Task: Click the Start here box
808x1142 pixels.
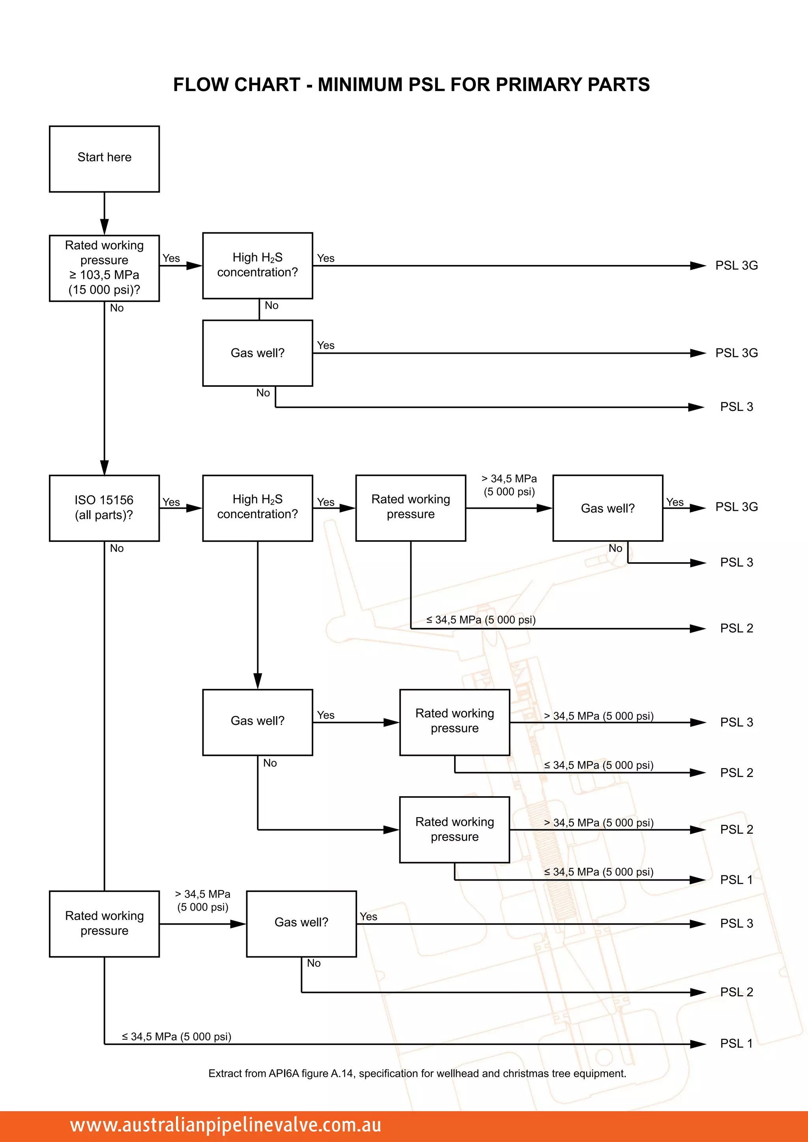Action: [104, 159]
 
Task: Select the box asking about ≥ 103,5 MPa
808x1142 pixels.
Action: [104, 268]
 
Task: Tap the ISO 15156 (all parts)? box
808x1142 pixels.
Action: [104, 508]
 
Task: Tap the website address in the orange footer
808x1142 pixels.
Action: [225, 1125]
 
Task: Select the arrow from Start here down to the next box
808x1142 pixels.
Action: [105, 213]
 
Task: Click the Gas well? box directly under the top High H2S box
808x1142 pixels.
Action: [257, 353]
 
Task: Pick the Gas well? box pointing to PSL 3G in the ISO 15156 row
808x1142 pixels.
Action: [608, 508]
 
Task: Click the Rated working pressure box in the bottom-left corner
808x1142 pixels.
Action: [104, 924]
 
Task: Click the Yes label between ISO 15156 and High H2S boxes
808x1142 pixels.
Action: [171, 502]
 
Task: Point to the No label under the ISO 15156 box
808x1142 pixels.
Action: [117, 548]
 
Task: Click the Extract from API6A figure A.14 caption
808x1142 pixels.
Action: [417, 1073]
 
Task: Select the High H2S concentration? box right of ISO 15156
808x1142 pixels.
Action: [257, 508]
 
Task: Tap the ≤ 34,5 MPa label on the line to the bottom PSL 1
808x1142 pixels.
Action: [177, 1037]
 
